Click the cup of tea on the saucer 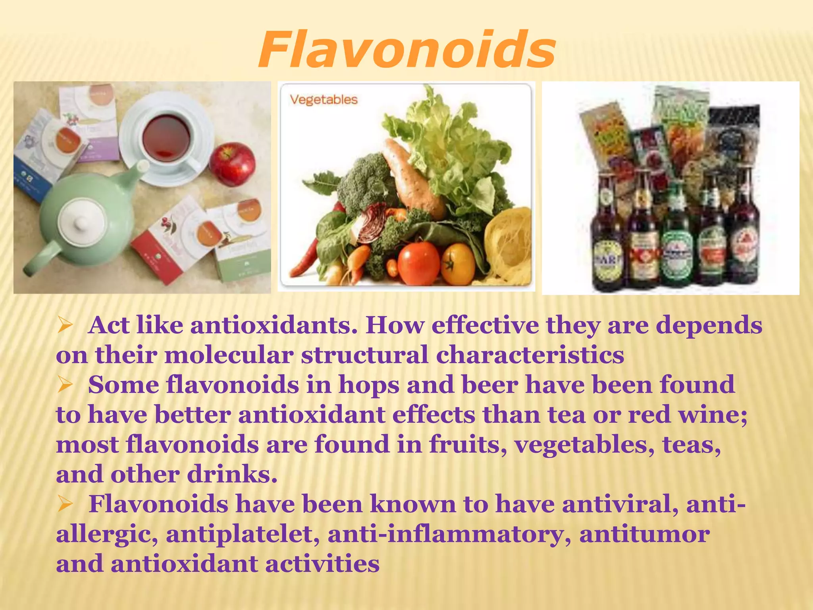pos(167,137)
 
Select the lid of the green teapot pos(82,221)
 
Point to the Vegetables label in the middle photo pos(324,99)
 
